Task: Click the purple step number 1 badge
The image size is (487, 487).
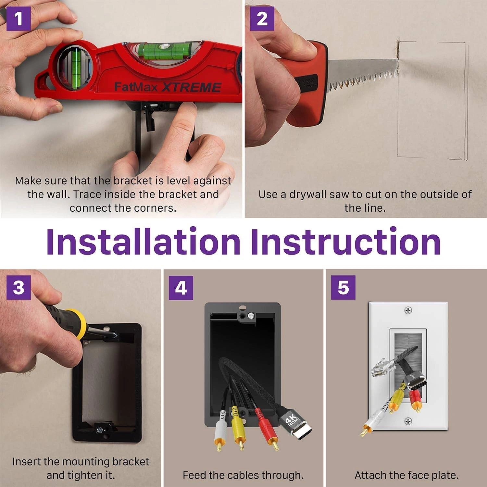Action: [x=19, y=19]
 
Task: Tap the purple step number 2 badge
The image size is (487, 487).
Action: [x=262, y=19]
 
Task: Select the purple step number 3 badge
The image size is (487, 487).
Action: [x=19, y=287]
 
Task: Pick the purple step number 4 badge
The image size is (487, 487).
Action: [x=181, y=287]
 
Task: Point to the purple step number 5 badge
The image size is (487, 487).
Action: [x=343, y=287]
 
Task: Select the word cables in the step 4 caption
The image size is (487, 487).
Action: [x=242, y=475]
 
